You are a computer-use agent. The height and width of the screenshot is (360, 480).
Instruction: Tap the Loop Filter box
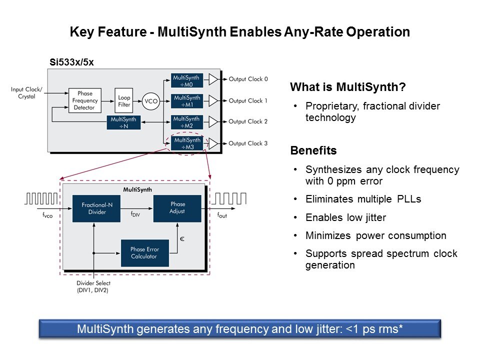[124, 101]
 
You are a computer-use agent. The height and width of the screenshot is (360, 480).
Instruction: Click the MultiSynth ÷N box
[123, 122]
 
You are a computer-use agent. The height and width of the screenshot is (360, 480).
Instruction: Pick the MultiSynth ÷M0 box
[186, 80]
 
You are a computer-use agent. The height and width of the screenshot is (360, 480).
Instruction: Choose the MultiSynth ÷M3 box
[186, 143]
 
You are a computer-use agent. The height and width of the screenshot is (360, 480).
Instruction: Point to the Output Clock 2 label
[248, 122]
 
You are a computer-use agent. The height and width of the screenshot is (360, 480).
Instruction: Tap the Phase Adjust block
[177, 208]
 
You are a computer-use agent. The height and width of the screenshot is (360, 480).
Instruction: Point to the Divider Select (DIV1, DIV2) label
[93, 286]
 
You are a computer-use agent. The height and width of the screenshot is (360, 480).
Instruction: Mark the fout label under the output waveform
[221, 214]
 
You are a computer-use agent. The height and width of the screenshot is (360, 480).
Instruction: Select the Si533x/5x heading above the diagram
[71, 62]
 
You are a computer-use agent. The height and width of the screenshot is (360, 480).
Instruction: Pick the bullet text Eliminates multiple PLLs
[363, 199]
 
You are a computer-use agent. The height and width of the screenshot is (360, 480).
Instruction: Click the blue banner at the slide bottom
[240, 329]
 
